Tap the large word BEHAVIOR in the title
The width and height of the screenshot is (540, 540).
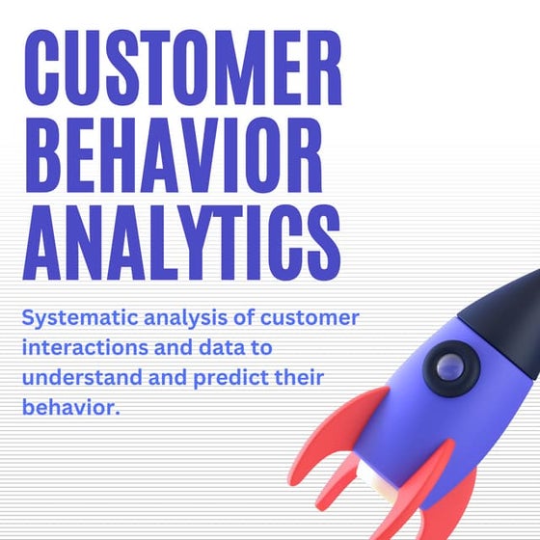172,152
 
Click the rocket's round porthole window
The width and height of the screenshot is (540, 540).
449,366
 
